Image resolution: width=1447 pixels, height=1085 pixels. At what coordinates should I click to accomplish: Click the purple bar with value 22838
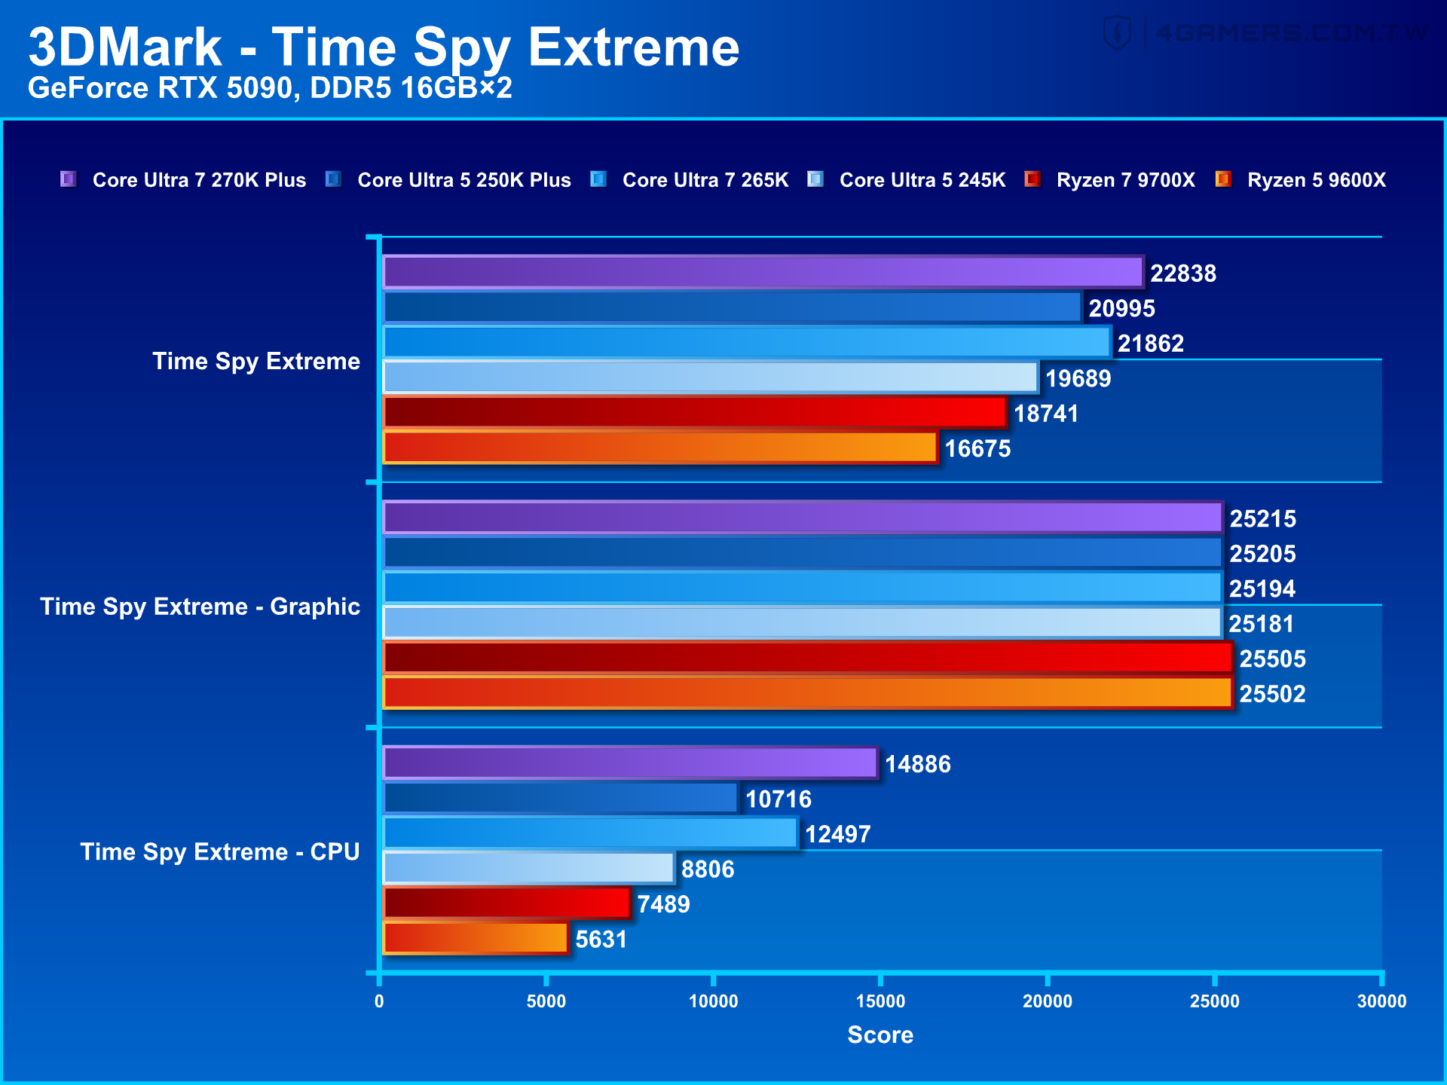coord(763,273)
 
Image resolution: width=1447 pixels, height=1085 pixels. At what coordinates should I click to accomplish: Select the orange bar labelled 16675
coord(660,448)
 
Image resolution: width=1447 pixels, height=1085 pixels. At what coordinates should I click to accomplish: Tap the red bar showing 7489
coord(506,903)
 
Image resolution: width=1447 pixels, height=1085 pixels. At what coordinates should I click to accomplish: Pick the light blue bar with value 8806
coord(528,868)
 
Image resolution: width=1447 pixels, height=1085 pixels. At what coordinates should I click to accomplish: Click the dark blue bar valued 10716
coord(560,798)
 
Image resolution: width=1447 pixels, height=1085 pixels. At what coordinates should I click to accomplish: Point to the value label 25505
coord(1272,659)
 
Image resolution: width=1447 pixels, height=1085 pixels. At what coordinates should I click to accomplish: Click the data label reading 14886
coord(917,764)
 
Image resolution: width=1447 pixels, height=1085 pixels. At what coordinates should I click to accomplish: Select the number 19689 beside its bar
coord(1078,378)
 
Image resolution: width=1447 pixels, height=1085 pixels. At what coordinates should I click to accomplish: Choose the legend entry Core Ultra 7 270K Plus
coord(199,180)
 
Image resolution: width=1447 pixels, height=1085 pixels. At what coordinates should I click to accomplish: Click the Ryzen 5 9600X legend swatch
coord(1222,179)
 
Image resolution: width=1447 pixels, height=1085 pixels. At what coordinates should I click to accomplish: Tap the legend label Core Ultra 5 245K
coord(922,180)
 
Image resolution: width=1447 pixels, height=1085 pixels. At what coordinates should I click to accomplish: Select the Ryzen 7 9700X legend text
coord(1125,180)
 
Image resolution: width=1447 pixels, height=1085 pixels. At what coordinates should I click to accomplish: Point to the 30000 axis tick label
coord(1381,1001)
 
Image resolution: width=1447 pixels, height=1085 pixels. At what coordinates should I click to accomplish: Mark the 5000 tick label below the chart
coord(546,1001)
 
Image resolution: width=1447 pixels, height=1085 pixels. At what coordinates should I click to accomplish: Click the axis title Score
coord(880,1035)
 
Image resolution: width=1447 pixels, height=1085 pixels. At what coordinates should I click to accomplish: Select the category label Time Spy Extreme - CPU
coord(219,851)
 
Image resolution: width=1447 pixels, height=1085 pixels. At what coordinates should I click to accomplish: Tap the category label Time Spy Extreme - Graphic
coord(200,607)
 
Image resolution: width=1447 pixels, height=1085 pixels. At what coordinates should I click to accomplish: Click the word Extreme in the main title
coord(633,47)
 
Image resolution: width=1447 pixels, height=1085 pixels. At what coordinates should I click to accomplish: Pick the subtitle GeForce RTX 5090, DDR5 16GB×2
coord(270,88)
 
